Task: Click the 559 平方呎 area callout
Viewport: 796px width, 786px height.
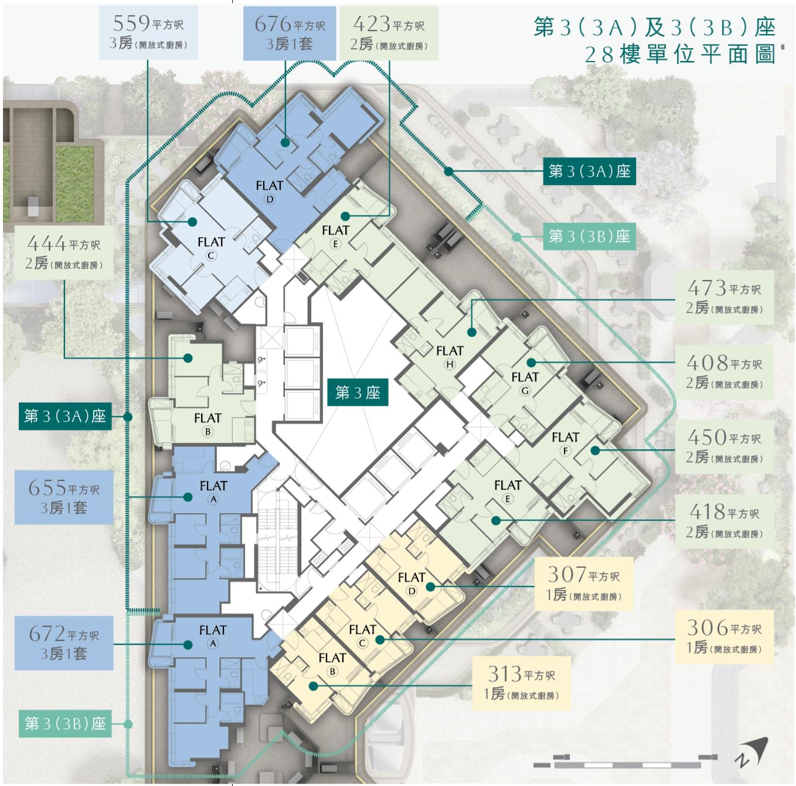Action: coord(148,33)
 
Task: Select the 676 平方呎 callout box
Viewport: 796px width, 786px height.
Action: coord(289,33)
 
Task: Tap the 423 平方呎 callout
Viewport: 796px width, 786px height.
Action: coord(389,33)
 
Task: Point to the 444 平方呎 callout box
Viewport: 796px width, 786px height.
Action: coord(64,252)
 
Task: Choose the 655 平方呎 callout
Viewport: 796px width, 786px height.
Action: coord(64,497)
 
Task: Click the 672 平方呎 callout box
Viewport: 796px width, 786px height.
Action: coord(64,643)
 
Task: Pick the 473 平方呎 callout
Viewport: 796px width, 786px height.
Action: coord(724,297)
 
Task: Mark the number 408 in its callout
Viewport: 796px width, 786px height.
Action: coord(707,363)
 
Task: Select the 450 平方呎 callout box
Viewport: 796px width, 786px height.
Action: coord(724,447)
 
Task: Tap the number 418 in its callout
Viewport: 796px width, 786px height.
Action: coord(707,512)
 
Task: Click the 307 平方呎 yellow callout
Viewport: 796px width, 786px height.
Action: coord(584,583)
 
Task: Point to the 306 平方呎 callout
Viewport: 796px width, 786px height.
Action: coord(724,637)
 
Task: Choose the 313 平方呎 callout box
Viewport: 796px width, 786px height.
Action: coord(521,683)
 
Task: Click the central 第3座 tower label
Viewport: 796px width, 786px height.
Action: coord(358,392)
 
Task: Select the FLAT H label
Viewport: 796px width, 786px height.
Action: coord(450,357)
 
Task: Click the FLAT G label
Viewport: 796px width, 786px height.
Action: coord(525,382)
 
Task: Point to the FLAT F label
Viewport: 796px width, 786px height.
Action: coord(566,443)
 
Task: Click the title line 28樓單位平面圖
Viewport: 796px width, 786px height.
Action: coord(681,54)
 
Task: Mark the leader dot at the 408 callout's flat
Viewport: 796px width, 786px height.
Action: coord(531,363)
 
